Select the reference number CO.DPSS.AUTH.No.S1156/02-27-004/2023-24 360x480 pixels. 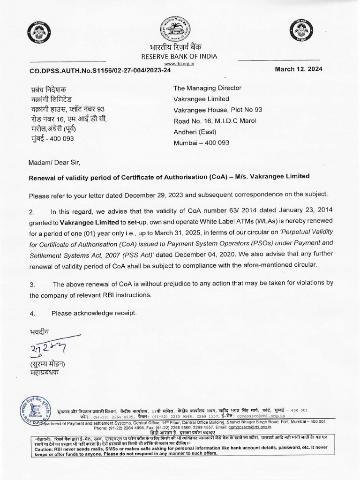click(x=100, y=70)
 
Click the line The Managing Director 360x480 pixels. click(x=207, y=88)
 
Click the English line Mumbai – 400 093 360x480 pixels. click(x=201, y=142)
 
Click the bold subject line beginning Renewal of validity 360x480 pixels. click(x=169, y=176)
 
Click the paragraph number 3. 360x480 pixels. click(x=31, y=285)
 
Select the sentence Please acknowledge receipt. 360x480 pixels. click(x=94, y=313)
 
